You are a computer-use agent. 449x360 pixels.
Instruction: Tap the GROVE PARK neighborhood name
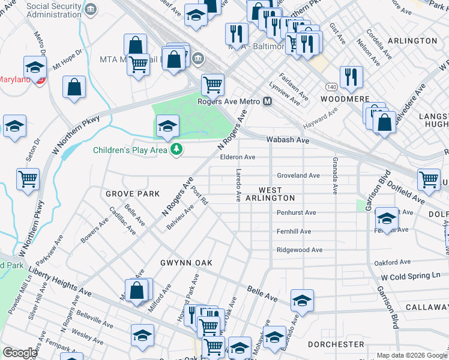tap(133, 194)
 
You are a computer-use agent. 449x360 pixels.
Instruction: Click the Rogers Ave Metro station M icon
tap(268, 101)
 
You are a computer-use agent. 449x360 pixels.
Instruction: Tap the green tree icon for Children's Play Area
tap(176, 149)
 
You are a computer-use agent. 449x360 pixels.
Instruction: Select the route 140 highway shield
tap(331, 79)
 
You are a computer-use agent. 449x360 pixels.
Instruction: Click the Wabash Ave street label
tap(288, 140)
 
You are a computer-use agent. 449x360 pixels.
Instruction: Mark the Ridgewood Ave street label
tap(300, 250)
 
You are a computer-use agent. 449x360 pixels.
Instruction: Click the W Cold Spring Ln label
tap(410, 275)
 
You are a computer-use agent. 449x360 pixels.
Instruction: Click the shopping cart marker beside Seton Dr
tap(28, 179)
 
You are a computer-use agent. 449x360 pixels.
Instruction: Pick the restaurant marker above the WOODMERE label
tap(351, 76)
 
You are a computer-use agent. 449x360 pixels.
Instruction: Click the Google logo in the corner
tap(20, 353)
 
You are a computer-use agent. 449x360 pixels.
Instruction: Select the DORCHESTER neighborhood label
tap(336, 344)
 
